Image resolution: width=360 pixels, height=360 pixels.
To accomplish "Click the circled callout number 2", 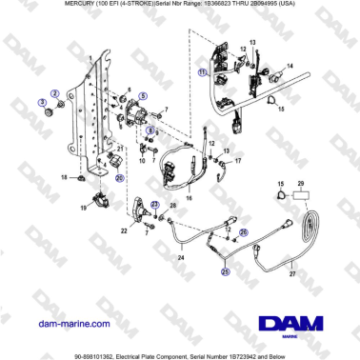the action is point(55,92).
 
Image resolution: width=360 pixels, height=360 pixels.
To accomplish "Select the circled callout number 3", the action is point(41,100).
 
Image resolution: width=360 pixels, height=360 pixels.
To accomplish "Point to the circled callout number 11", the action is point(201,71).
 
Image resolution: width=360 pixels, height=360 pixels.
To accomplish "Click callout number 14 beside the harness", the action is point(290,65).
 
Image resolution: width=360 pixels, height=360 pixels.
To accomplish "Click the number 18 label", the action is point(65,177).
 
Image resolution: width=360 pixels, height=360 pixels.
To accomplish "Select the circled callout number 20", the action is point(119,176).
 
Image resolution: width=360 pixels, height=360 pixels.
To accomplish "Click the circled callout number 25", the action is point(226,271).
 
